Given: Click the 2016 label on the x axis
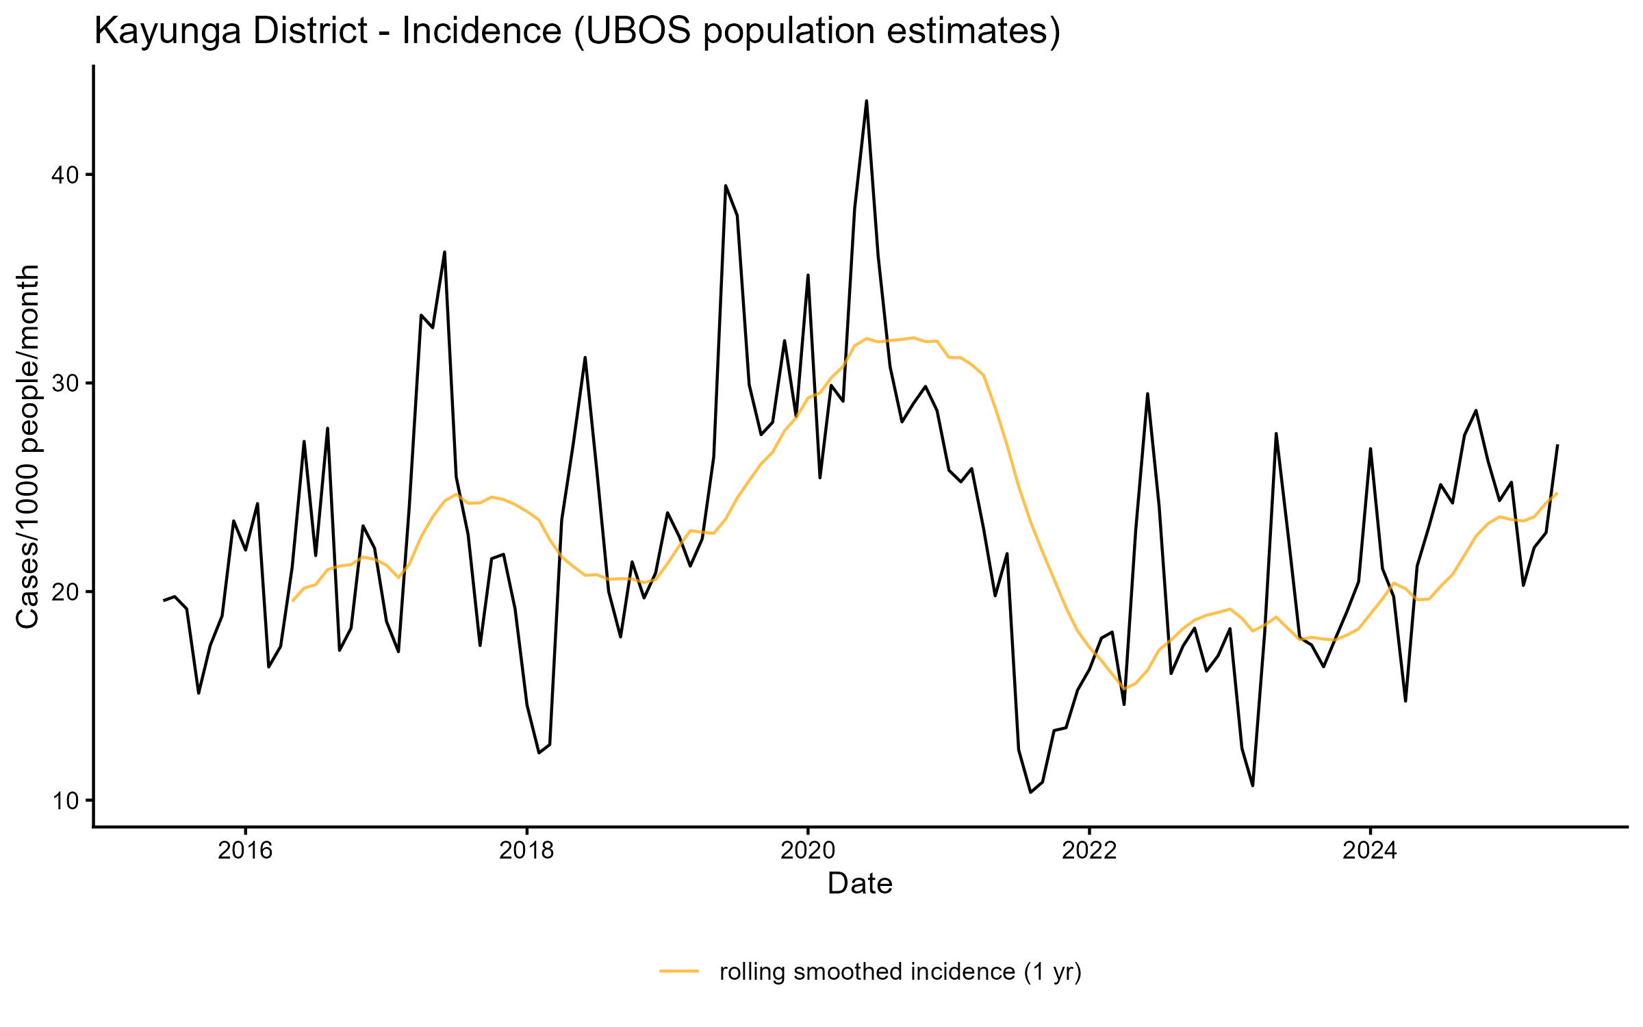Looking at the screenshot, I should point(245,851).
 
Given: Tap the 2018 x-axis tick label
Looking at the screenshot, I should point(526,851).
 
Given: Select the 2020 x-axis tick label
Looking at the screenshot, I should point(808,851).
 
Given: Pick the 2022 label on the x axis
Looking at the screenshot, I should point(1089,851).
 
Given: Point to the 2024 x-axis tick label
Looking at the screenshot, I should point(1370,851).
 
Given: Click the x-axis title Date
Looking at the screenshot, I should point(860,884).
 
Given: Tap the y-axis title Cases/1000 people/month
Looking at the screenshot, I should point(29,446).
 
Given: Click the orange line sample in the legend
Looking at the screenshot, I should point(679,971).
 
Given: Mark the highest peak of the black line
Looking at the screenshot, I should point(867,101).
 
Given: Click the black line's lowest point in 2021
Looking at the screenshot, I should point(1030,792).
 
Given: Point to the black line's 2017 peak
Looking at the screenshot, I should point(444,252).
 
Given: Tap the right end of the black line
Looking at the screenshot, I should point(1557,446).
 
